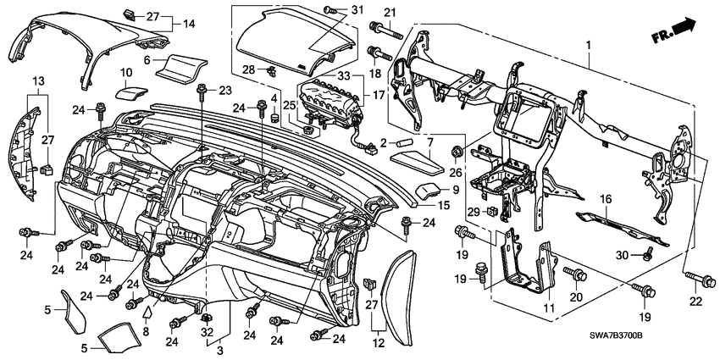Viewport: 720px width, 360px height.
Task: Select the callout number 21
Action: [390, 12]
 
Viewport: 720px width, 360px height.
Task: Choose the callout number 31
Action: [331, 9]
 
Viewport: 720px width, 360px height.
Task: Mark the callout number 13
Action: [37, 81]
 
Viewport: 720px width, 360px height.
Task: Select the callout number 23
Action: [224, 91]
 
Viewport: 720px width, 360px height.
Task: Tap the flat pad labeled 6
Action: [186, 65]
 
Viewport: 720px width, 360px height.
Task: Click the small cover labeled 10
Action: [130, 91]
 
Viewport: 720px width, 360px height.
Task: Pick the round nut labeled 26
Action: [456, 152]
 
